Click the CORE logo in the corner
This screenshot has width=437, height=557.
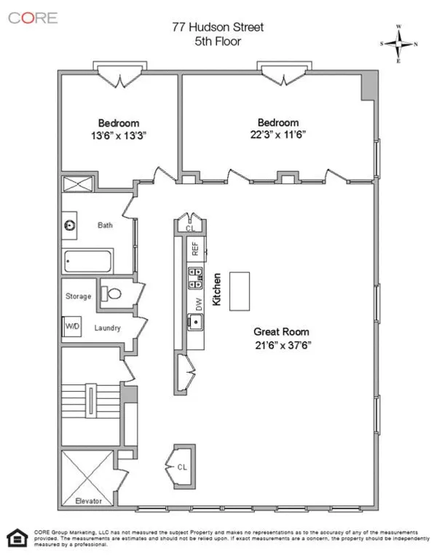[x=32, y=18]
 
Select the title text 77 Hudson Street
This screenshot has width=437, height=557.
[x=218, y=28]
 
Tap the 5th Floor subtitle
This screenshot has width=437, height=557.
[x=218, y=42]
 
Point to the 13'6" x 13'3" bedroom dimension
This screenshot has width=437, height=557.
[x=118, y=135]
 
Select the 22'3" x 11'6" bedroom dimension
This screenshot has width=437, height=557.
[x=277, y=135]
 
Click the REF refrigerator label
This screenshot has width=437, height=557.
[x=195, y=248]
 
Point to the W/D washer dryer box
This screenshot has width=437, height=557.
[x=72, y=327]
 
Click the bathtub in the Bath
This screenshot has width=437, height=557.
[x=88, y=260]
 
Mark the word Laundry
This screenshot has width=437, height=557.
[x=107, y=328]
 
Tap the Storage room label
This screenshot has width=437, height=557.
[x=78, y=296]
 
